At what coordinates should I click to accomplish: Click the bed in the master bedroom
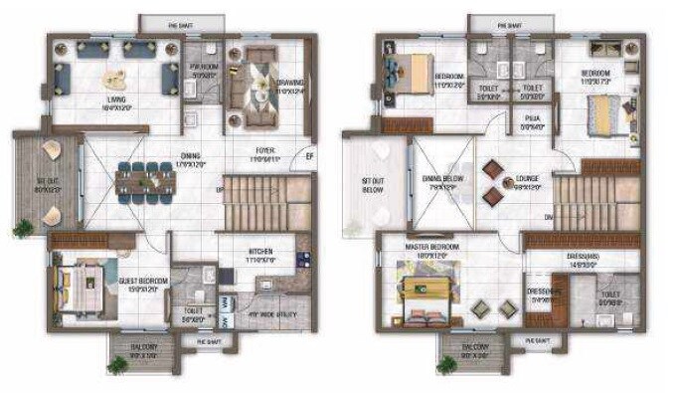(424, 289)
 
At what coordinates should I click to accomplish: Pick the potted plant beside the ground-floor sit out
(22, 229)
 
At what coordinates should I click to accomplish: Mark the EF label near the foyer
(309, 154)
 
